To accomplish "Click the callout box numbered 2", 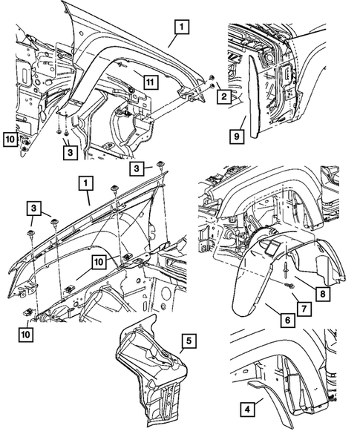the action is pyautogui.click(x=224, y=96).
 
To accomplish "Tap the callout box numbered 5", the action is pyautogui.click(x=189, y=341).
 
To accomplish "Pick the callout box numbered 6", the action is pyautogui.click(x=287, y=320).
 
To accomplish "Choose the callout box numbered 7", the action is pyautogui.click(x=304, y=309).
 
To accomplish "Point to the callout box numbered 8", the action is pyautogui.click(x=323, y=294).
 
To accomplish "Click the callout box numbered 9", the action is pyautogui.click(x=237, y=137).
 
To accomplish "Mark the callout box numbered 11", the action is pyautogui.click(x=150, y=82).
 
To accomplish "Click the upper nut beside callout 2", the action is pyautogui.click(x=212, y=77).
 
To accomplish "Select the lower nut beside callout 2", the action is pyautogui.click(x=212, y=85).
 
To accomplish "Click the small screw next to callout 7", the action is pyautogui.click(x=287, y=286).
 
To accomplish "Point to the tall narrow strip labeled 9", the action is pyautogui.click(x=255, y=96).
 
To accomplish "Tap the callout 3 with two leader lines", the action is pyautogui.click(x=33, y=208).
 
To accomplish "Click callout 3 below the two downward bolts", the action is pyautogui.click(x=70, y=152).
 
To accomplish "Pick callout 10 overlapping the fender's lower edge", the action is pyautogui.click(x=99, y=262).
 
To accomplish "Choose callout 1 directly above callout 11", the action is pyautogui.click(x=182, y=27).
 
